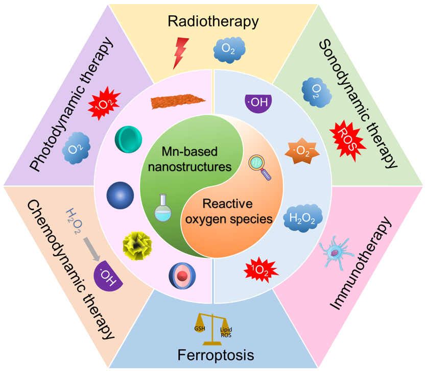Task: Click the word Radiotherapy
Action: tap(213, 21)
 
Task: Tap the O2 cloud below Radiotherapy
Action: tap(229, 50)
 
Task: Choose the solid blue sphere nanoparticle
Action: tap(121, 195)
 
